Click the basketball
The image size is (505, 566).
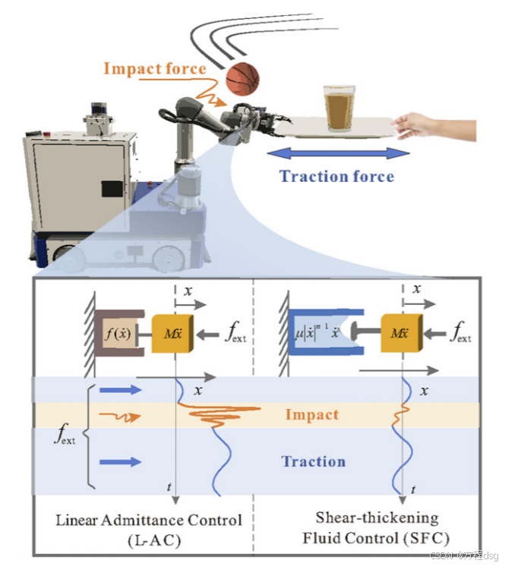241,77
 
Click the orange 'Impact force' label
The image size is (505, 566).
154,69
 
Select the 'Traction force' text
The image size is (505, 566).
336,177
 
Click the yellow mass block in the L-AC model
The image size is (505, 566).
173,332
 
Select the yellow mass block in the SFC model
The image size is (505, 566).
400,332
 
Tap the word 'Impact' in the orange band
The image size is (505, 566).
311,415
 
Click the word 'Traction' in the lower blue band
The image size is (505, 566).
313,461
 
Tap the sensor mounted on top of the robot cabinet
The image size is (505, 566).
98,118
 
